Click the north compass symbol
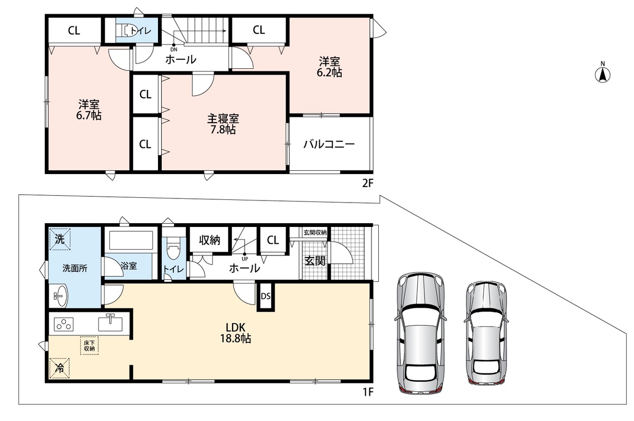click(602, 73)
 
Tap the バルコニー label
click(329, 144)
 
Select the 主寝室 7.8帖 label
click(223, 124)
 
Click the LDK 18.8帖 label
click(236, 333)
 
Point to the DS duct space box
click(265, 297)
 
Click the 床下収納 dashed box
click(89, 346)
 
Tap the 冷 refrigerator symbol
click(59, 368)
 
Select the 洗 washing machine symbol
click(60, 240)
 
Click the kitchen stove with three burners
click(64, 324)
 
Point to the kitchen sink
click(110, 323)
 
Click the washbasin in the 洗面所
click(60, 296)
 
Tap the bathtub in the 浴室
click(131, 241)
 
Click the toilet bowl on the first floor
click(173, 248)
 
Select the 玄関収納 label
click(315, 233)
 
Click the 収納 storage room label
click(209, 240)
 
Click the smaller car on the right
click(486, 333)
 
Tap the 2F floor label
click(368, 184)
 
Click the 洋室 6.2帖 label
click(329, 67)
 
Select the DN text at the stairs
click(174, 50)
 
